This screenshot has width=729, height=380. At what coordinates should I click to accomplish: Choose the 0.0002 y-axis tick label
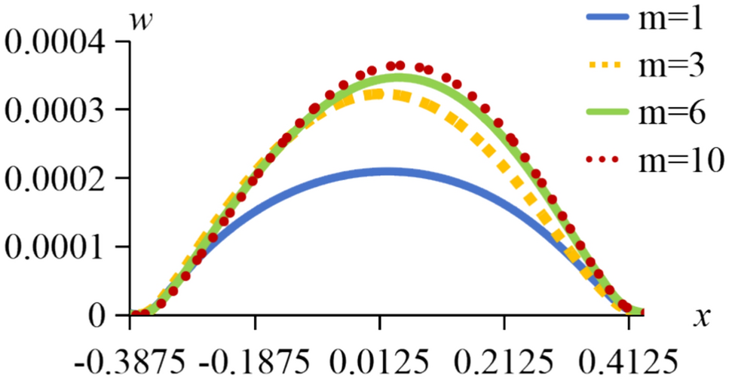point(59,178)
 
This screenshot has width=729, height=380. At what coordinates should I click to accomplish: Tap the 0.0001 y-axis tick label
point(59,247)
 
